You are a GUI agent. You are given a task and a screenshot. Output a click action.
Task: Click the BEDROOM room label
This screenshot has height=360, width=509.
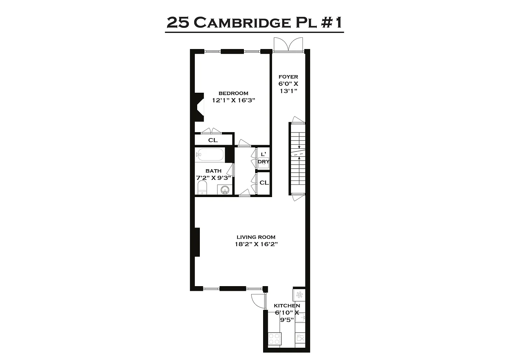point(233,93)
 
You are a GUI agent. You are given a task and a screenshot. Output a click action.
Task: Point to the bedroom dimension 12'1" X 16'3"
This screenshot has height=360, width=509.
point(233,100)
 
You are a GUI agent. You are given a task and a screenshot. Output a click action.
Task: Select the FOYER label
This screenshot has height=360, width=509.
point(288,77)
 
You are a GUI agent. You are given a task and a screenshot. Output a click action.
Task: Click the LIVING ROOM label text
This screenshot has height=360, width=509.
point(256,237)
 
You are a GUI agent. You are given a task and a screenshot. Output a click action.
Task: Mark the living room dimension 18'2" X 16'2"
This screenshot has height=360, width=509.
point(256,244)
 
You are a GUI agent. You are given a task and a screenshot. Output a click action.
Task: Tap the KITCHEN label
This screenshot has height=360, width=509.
point(287,306)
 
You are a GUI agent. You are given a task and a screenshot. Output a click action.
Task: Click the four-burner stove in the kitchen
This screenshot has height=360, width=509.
point(274,339)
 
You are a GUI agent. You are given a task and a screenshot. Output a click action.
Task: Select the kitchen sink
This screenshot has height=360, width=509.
point(301,318)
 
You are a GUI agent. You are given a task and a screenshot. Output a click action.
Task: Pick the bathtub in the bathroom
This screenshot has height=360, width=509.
point(210,154)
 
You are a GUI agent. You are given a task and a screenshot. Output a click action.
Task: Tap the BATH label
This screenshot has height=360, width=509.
point(213,171)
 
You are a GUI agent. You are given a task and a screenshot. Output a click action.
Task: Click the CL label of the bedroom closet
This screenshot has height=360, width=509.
point(213,140)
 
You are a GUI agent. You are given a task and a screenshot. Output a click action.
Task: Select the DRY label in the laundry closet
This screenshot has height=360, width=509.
point(263,162)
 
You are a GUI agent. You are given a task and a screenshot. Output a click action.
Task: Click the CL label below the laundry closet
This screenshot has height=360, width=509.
point(264,182)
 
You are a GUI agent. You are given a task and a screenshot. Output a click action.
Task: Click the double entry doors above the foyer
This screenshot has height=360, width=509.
point(288,45)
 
